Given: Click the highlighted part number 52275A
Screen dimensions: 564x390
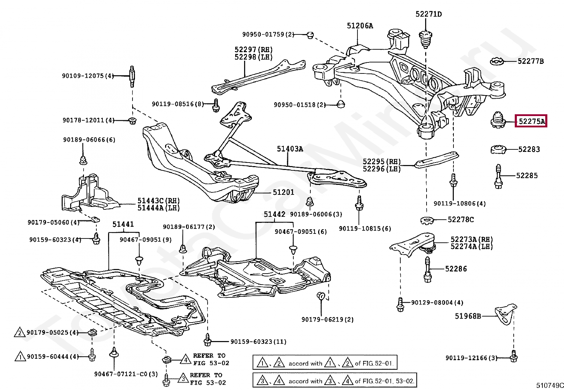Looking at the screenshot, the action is coord(531,122).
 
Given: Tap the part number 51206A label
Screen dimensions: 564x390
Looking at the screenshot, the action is coord(360,26).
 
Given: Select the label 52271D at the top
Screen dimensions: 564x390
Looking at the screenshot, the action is coord(429,14).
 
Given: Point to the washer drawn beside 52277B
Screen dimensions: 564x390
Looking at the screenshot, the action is coord(497,61).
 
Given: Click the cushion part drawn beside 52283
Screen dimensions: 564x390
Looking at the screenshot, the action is coord(498,149).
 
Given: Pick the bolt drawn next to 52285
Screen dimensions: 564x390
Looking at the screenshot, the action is coord(498,176).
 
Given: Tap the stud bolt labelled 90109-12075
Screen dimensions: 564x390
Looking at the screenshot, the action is coord(132,76).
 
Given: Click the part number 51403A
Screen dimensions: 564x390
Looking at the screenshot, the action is coord(290,149).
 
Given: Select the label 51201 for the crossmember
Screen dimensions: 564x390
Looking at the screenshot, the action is coord(283,192).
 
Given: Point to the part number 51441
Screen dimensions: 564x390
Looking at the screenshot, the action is coord(123,224).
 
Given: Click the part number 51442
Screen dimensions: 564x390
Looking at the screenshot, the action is coord(275,214).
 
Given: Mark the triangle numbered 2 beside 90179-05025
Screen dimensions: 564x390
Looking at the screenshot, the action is coord(20,333).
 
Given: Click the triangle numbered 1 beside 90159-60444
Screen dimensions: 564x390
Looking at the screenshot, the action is coord(20,357).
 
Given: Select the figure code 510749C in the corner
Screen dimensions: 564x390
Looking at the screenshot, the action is coord(550,385).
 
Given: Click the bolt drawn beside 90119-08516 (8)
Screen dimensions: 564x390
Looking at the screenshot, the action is coord(216,105).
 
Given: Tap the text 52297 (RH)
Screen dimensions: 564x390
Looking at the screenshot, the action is coord(254,49).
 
